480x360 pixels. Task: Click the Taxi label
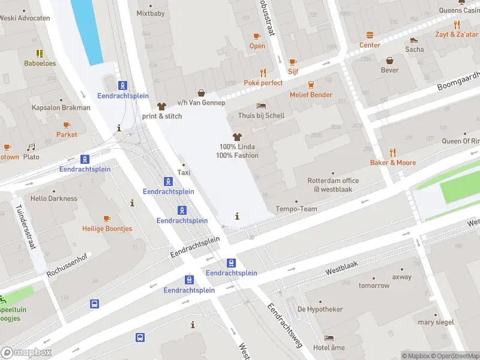coord(184,172)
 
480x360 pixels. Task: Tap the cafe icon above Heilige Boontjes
coord(107,218)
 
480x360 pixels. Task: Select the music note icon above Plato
coord(31,147)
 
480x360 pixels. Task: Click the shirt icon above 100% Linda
coord(238,137)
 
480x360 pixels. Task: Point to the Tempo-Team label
coord(296,209)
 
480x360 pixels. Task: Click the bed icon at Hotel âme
coord(329,338)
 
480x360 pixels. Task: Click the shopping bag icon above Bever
coord(389,60)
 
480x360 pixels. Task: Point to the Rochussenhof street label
coord(67,264)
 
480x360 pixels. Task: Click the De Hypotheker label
coord(320,309)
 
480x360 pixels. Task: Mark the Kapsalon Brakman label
coord(61,108)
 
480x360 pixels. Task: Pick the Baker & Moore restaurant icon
coord(392,152)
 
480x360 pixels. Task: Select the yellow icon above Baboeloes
coord(40,53)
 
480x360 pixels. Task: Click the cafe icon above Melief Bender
coord(311,85)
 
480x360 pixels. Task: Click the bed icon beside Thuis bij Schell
coord(261,106)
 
